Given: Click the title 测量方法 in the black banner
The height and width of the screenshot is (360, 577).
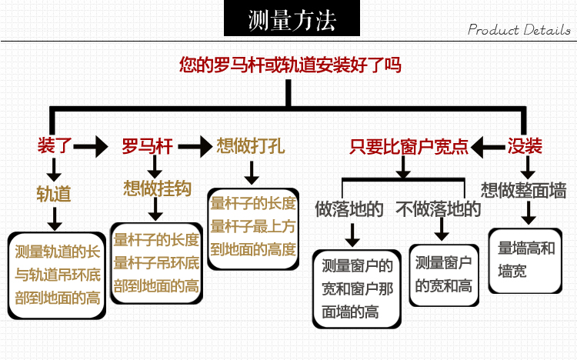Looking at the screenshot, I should pyautogui.click(x=292, y=20).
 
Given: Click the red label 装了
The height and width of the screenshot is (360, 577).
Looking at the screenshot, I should pyautogui.click(x=55, y=145).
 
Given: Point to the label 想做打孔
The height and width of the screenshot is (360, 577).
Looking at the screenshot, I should pyautogui.click(x=252, y=145).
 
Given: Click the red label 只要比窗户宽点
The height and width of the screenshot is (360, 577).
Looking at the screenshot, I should pyautogui.click(x=409, y=145).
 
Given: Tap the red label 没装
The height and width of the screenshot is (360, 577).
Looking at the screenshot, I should pyautogui.click(x=525, y=145).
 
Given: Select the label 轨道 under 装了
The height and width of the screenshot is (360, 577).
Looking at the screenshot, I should pyautogui.click(x=54, y=193).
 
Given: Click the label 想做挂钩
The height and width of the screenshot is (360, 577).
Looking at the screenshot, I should pyautogui.click(x=158, y=188).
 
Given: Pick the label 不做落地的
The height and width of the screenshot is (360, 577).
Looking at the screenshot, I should pyautogui.click(x=439, y=208).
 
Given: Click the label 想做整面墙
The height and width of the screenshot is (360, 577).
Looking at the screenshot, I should pyautogui.click(x=524, y=189).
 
